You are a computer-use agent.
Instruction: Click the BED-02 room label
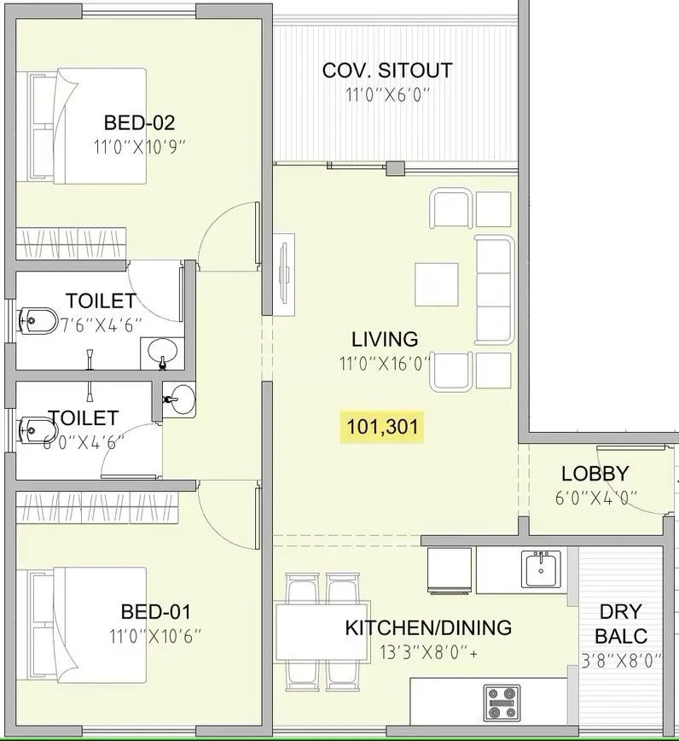pyautogui.click(x=139, y=121)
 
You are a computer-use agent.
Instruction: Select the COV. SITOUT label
pyautogui.click(x=386, y=70)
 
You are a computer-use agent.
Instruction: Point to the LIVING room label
pyautogui.click(x=384, y=340)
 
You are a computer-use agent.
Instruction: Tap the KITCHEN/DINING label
pyautogui.click(x=427, y=628)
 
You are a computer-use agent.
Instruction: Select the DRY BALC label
pyautogui.click(x=620, y=624)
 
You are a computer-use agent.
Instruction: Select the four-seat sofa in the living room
pyautogui.click(x=495, y=290)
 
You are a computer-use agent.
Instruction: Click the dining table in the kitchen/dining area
pyautogui.click(x=317, y=633)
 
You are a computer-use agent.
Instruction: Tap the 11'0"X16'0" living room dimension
pyautogui.click(x=384, y=362)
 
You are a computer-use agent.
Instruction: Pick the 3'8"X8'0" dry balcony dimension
pyautogui.click(x=620, y=660)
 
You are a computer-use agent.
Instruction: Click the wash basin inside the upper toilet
pyautogui.click(x=162, y=350)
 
